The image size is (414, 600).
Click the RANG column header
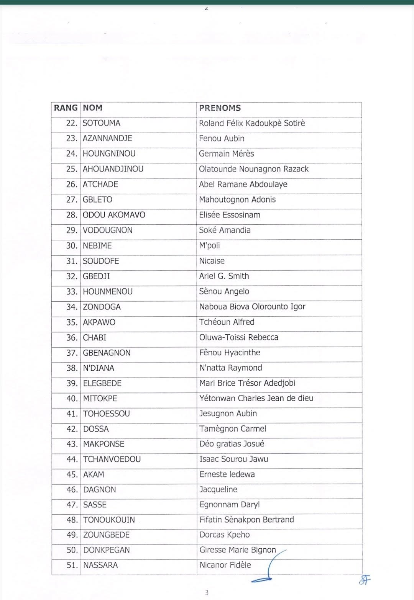tap(66, 108)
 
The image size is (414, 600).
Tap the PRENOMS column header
tap(220, 108)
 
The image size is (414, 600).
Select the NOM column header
tap(93, 108)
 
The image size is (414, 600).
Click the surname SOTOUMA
tap(102, 123)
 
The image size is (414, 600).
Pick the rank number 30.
tap(72, 246)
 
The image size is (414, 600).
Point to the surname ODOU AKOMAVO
tap(114, 215)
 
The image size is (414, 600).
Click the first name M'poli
tap(209, 245)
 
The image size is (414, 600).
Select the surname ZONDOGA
tap(102, 307)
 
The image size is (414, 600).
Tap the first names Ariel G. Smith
tap(224, 276)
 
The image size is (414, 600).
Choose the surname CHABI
tap(95, 338)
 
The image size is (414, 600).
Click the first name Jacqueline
tap(218, 489)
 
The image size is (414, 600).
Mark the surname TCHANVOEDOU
tap(112, 459)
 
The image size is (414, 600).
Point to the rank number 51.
tap(72, 565)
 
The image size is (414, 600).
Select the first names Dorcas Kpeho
tap(224, 535)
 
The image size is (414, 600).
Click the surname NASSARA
tap(100, 565)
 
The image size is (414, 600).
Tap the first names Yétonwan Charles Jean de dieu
tap(256, 398)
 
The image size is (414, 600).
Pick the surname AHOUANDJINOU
tap(113, 169)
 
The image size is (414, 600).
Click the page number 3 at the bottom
tap(207, 593)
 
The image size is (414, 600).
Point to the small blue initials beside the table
tap(365, 580)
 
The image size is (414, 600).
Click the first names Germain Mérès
tap(226, 154)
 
